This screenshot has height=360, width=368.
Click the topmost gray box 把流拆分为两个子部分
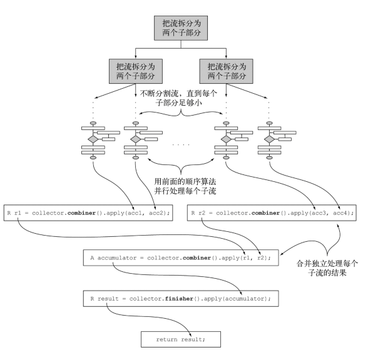(x=181, y=28)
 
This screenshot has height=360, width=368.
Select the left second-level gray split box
(x=136, y=71)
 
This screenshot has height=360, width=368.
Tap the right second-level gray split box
(x=227, y=71)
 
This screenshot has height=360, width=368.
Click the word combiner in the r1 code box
(x=81, y=213)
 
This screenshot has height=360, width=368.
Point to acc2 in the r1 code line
(x=158, y=213)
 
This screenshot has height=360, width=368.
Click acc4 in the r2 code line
(x=342, y=213)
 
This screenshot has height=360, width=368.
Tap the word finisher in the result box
(x=179, y=299)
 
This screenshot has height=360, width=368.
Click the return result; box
(x=181, y=339)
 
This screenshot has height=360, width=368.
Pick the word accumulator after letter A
(x=117, y=258)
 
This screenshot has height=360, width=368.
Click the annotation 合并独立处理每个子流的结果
(x=327, y=268)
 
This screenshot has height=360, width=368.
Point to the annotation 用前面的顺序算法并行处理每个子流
(x=185, y=186)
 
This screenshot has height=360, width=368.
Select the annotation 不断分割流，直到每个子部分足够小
(x=178, y=98)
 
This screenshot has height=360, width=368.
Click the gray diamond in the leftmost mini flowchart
(x=93, y=139)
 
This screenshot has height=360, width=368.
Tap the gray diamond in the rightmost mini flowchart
(x=269, y=139)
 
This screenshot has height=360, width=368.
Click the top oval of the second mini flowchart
(x=136, y=123)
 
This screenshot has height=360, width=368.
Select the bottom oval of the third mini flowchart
(x=226, y=157)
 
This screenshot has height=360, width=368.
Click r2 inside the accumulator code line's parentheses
(x=261, y=258)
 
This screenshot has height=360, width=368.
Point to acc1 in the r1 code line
(x=136, y=213)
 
